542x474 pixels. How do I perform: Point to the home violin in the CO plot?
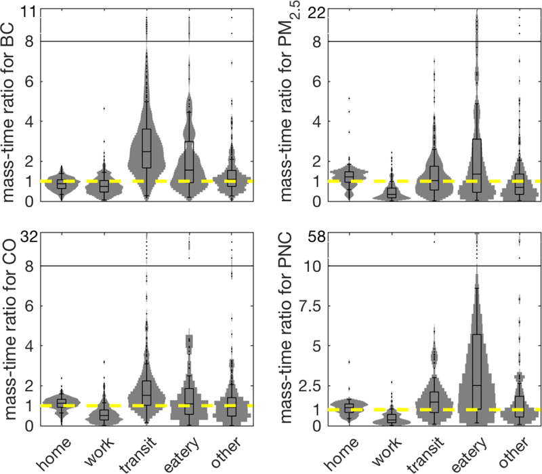[62, 402]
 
